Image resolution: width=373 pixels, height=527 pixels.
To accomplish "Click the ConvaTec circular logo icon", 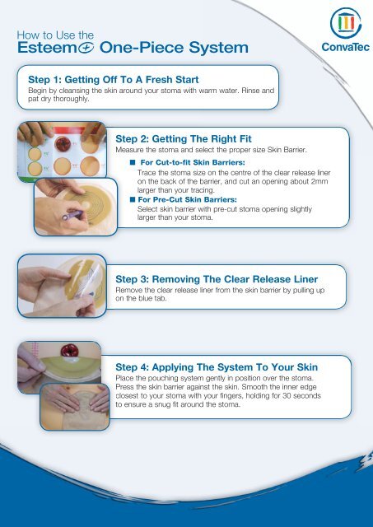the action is click(346, 23).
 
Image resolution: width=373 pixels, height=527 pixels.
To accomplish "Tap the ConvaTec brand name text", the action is click(346, 47).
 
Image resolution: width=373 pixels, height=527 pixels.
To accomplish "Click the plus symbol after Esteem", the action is click(86, 48).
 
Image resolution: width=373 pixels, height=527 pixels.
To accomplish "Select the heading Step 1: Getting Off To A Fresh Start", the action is click(114, 80).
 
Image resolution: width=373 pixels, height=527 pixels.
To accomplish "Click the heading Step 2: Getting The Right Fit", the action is click(184, 139).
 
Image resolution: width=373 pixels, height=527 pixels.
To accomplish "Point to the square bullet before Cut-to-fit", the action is click(133, 162).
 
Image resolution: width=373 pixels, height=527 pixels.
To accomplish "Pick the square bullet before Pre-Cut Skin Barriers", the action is click(133, 199).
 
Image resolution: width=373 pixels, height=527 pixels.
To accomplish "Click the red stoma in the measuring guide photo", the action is click(63, 144).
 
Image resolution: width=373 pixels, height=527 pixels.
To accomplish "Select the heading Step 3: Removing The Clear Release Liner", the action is click(217, 279).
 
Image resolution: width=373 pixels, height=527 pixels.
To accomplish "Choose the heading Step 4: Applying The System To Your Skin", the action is click(217, 367).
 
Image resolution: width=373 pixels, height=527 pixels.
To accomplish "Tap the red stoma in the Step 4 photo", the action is click(69, 351).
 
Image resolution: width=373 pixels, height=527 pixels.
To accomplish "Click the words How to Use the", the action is click(55, 35).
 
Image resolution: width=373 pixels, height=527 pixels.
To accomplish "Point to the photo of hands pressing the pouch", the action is click(75, 407).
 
